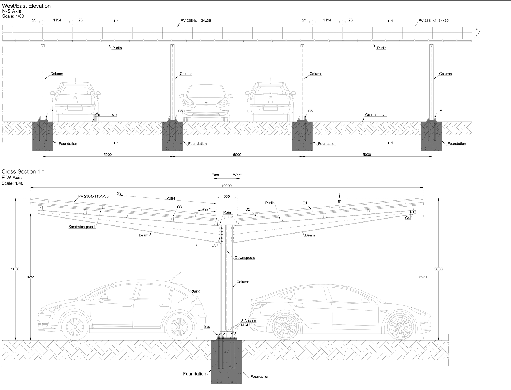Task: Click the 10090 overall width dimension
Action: [x=226, y=186]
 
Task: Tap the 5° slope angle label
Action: [x=339, y=202]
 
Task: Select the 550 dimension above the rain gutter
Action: [x=226, y=196]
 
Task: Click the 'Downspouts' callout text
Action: [x=245, y=258]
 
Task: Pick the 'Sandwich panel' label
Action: [x=82, y=227]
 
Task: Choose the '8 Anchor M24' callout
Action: [x=248, y=323]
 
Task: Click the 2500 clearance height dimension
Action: [x=196, y=291]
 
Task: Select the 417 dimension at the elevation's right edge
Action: [x=477, y=32]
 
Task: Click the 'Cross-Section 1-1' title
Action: [x=23, y=171]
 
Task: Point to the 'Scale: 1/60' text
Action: [x=13, y=16]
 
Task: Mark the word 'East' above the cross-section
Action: [x=215, y=175]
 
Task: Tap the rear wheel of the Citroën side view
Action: [x=179, y=327]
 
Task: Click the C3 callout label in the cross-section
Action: [x=179, y=207]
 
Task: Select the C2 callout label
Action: [x=248, y=209]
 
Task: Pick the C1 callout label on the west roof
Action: [x=305, y=203]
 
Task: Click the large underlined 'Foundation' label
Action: [x=195, y=374]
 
